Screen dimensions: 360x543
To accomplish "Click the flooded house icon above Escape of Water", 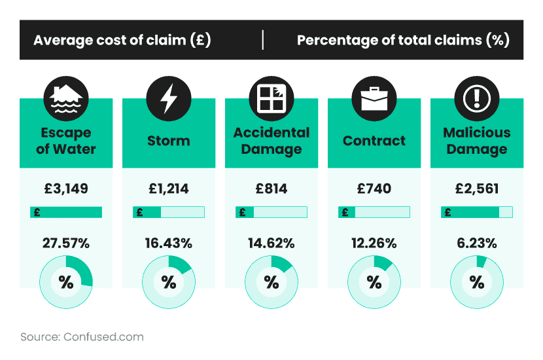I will [x=65, y=99].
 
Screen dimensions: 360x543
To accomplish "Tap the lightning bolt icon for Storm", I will [x=168, y=99].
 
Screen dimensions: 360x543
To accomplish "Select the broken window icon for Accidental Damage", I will [x=271, y=99].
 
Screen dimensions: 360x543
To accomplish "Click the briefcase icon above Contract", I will [x=374, y=99].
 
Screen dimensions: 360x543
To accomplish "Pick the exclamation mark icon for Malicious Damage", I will [x=476, y=99].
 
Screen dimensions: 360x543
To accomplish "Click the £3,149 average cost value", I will [x=65, y=189].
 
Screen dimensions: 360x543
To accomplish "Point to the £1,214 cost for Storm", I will [x=168, y=189].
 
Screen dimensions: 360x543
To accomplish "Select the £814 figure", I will [x=271, y=189].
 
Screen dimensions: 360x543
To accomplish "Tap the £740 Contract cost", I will [x=374, y=189].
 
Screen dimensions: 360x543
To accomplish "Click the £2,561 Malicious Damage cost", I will [x=476, y=189].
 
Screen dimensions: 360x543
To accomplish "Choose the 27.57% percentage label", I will [x=65, y=243].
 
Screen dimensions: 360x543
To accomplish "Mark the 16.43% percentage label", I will [x=168, y=243].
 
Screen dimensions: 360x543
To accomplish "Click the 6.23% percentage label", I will [x=476, y=243].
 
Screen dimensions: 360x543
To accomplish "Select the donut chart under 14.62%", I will [x=271, y=282].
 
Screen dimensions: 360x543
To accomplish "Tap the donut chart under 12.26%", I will [x=374, y=282].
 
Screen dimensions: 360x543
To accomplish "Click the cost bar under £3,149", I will [x=65, y=212].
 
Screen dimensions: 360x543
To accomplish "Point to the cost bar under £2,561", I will [x=477, y=212].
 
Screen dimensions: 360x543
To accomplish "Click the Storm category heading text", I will [x=168, y=141].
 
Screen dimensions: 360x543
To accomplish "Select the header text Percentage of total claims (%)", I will [x=403, y=40].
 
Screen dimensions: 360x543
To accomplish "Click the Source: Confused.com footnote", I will [x=82, y=337].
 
